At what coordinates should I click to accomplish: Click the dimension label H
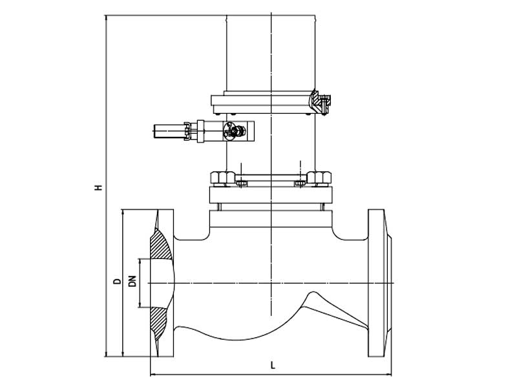click(98, 188)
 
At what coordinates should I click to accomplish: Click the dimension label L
click(273, 366)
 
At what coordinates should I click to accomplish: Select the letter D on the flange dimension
click(116, 281)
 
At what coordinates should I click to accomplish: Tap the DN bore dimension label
click(132, 282)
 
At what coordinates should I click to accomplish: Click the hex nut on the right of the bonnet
click(319, 176)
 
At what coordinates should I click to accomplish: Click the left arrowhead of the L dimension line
click(153, 373)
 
